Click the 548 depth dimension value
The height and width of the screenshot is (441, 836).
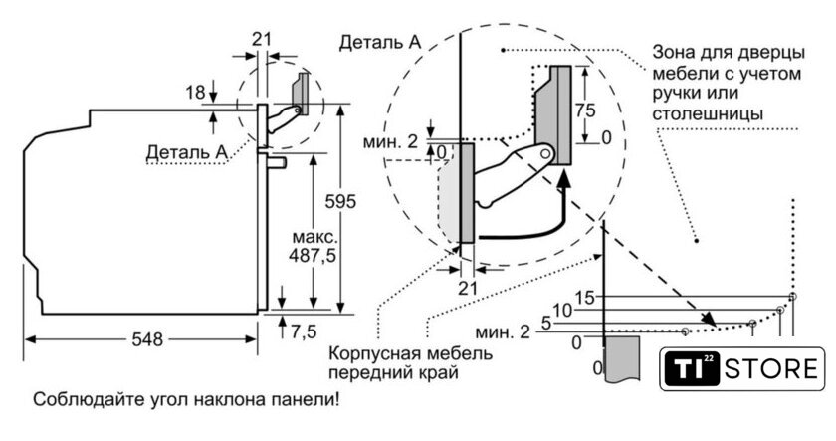coord(146,338)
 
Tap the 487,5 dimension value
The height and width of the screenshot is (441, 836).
coord(314,257)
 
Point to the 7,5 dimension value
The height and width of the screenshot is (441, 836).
coord(304,330)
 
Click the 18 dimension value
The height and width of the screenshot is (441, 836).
coord(195,93)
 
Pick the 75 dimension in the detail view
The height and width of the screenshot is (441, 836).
coord(591,110)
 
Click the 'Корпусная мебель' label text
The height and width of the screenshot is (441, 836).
coord(393,354)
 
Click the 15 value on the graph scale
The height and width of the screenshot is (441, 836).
coord(584,297)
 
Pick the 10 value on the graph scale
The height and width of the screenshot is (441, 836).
coord(562,311)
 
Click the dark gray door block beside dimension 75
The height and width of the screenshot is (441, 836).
coord(555,114)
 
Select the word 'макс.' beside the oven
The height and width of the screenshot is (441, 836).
coord(314,240)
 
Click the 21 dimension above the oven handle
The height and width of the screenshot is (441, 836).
coord(261,39)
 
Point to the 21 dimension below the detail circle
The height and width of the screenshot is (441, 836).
coord(468,287)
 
